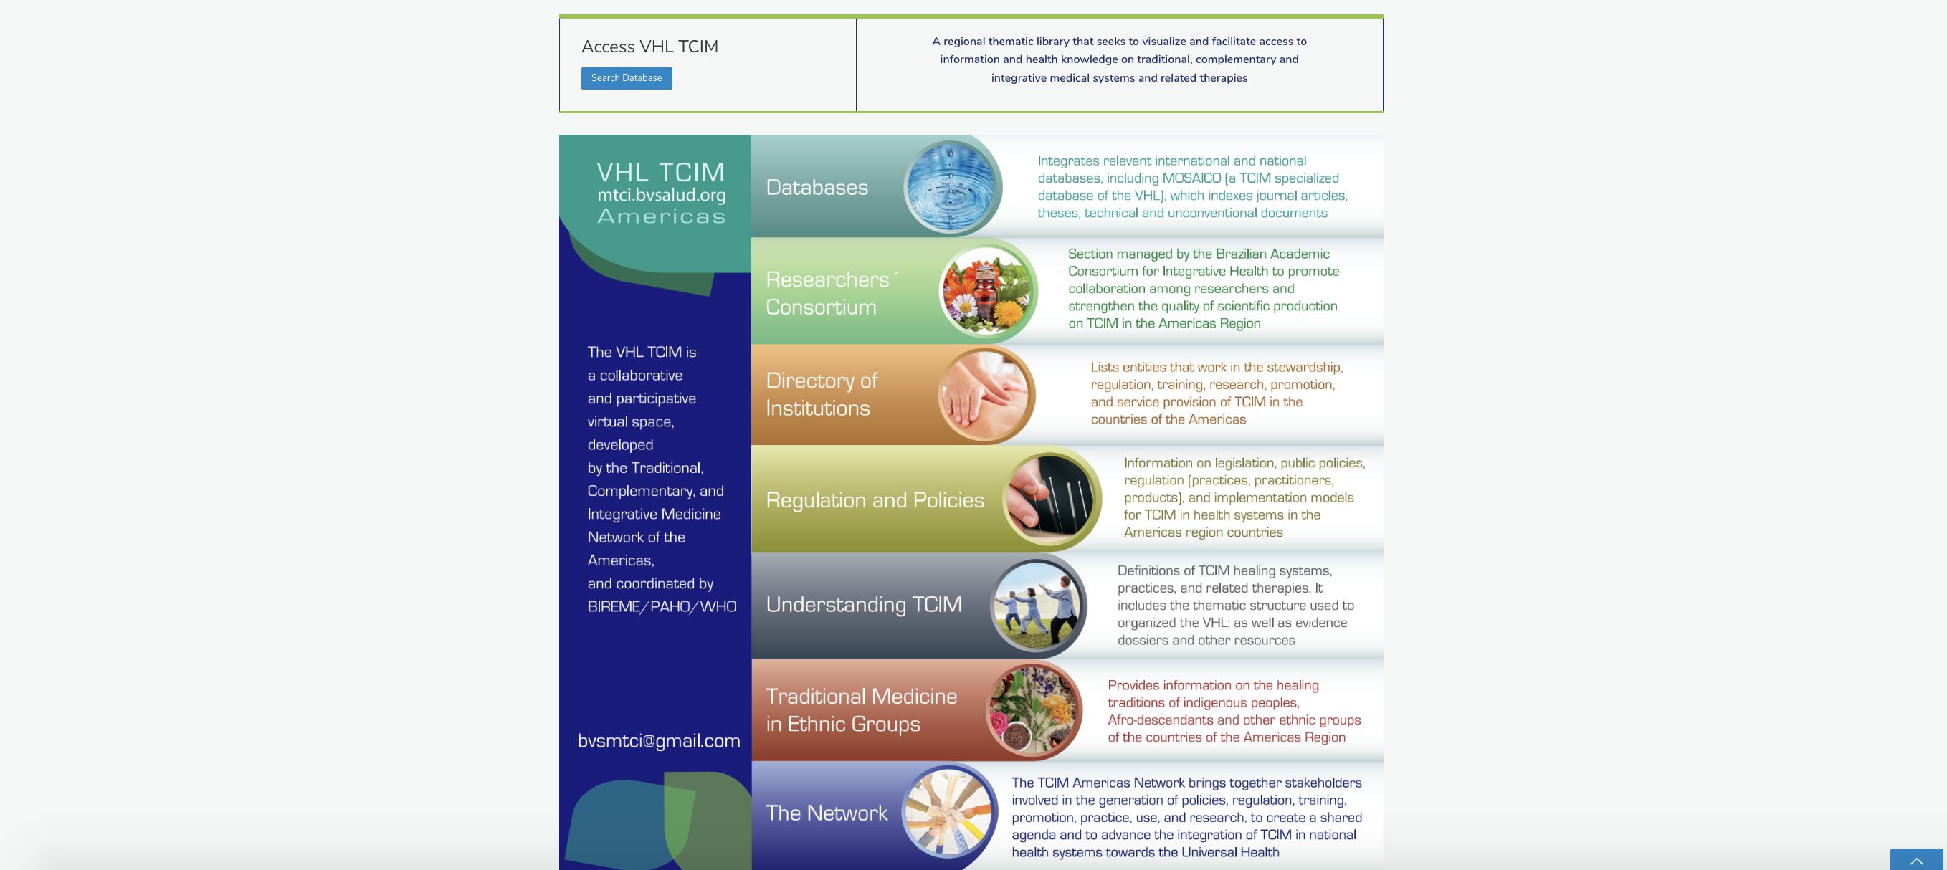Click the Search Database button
click(626, 78)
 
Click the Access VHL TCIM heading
click(649, 46)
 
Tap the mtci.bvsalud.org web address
click(662, 195)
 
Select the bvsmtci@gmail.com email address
click(658, 740)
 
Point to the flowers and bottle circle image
click(987, 291)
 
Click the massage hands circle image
click(986, 394)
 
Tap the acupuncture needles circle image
click(1051, 499)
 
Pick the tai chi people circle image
click(1038, 605)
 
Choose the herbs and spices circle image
click(1033, 710)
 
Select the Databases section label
click(817, 187)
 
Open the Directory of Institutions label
click(822, 394)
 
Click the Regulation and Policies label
click(875, 499)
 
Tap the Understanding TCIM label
click(864, 604)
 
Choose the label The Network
click(827, 813)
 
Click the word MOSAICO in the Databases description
click(1191, 178)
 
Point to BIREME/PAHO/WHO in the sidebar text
click(662, 606)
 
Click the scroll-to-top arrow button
click(1916, 860)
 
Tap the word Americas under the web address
click(662, 216)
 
